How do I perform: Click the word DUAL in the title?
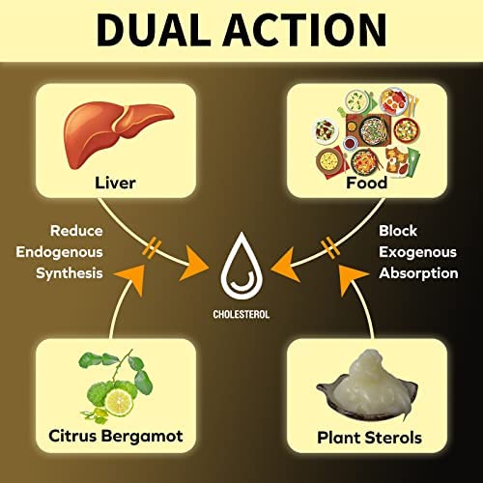tap(154, 31)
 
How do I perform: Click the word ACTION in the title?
tap(305, 31)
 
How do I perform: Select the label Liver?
tap(115, 183)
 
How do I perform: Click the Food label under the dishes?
tap(366, 183)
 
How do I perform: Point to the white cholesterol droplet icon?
tap(241, 267)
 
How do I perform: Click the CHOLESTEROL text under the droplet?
tap(241, 314)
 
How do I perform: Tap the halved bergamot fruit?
tap(119, 403)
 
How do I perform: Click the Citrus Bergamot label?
tap(116, 437)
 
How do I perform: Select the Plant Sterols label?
tap(369, 438)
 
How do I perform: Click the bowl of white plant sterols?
tap(367, 386)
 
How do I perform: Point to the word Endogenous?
tap(59, 252)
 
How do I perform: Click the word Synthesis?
tap(70, 273)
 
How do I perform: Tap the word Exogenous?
tap(417, 252)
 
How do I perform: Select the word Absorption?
tap(418, 273)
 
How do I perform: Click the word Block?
tap(398, 231)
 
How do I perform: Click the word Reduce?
tap(76, 231)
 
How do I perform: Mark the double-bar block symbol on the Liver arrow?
tap(152, 247)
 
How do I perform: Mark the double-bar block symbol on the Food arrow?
tap(330, 247)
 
